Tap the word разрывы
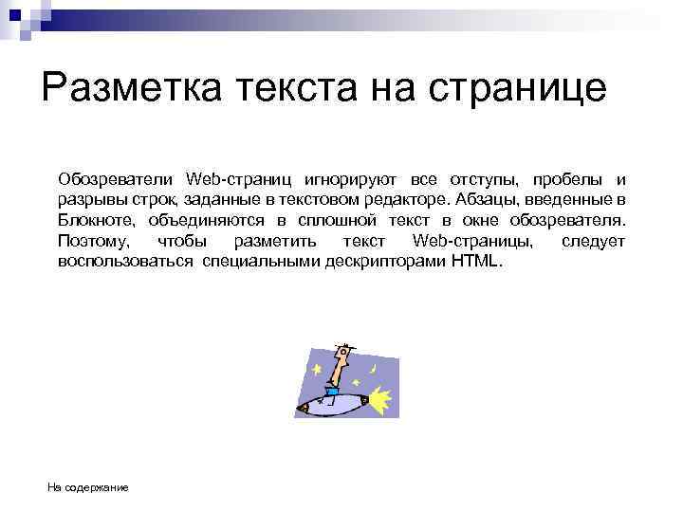(x=88, y=200)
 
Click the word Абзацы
(x=487, y=200)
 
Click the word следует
(x=593, y=241)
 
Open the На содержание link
(x=88, y=487)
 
